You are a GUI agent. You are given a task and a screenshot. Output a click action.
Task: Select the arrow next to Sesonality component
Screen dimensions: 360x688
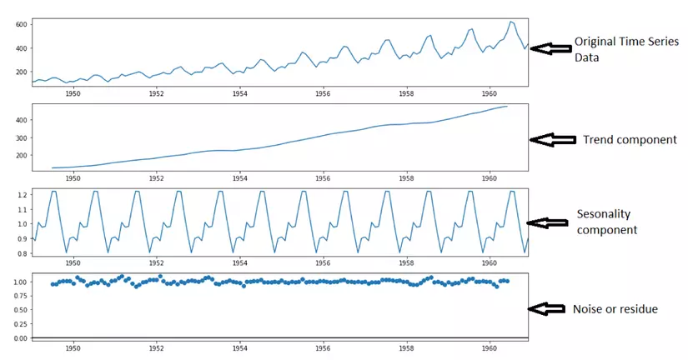click(x=547, y=222)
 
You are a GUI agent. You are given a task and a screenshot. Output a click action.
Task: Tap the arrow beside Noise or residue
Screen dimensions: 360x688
click(x=547, y=308)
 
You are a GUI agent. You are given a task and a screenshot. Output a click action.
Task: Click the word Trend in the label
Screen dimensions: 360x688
click(x=599, y=140)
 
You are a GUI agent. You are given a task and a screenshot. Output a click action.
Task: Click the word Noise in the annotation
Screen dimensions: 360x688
click(x=589, y=309)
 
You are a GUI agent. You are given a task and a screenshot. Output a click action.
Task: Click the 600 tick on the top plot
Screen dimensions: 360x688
click(x=21, y=24)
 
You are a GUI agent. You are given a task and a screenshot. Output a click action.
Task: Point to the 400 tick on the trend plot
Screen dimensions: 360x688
click(x=21, y=120)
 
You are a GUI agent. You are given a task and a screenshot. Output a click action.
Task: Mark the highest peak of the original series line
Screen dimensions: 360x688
click(x=510, y=22)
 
